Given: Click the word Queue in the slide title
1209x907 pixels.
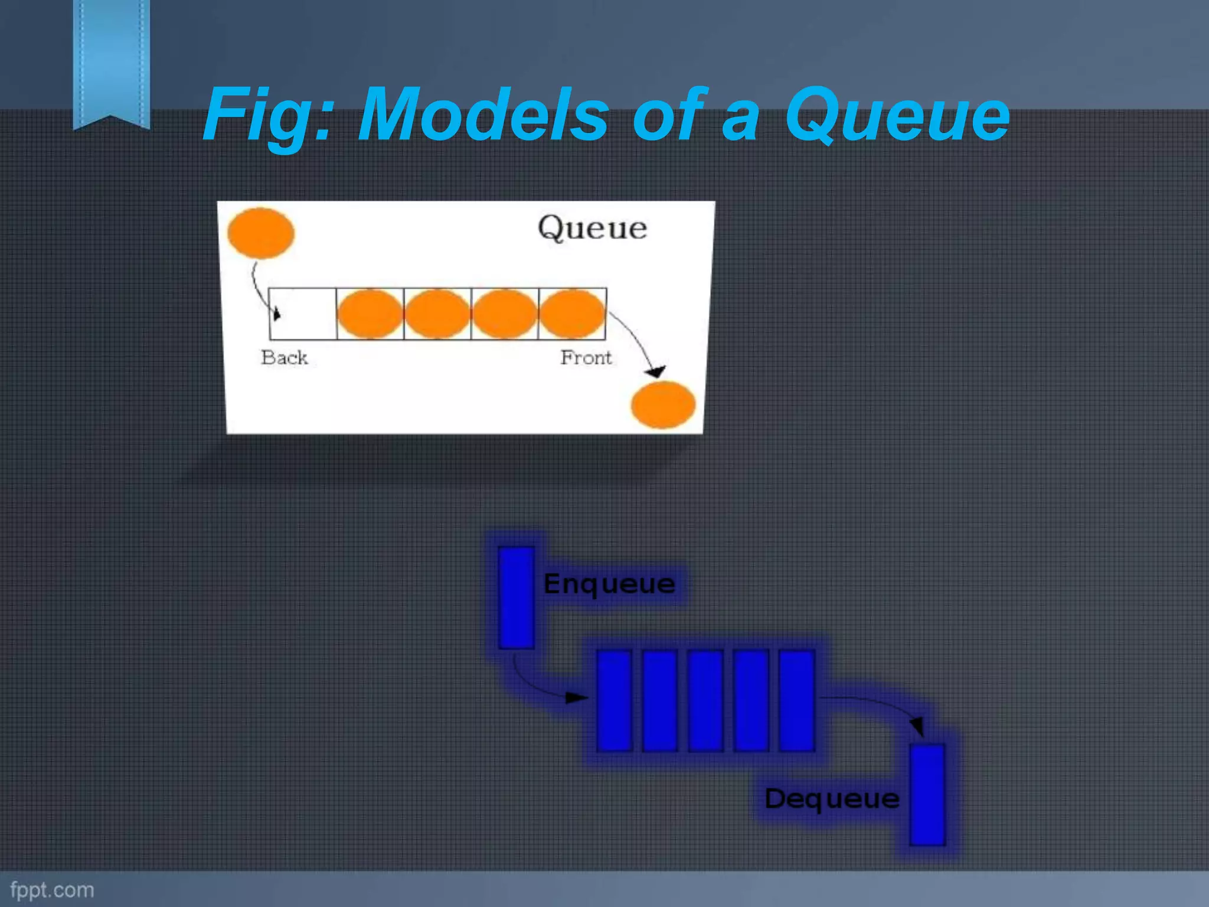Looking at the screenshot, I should pyautogui.click(x=897, y=115).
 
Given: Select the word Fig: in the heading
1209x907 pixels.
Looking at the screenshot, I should pyautogui.click(x=269, y=115).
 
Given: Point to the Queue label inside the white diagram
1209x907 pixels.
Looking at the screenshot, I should pyautogui.click(x=592, y=229).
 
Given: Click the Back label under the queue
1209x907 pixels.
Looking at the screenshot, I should pyautogui.click(x=284, y=358).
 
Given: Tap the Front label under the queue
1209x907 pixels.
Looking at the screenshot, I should pyautogui.click(x=586, y=358).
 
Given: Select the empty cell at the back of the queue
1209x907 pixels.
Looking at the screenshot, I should pyautogui.click(x=303, y=314).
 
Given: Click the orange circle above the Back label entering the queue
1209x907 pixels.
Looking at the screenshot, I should pyautogui.click(x=261, y=233).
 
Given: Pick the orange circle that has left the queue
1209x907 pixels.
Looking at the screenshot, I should pyautogui.click(x=663, y=404).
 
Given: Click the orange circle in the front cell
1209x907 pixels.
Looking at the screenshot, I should pyautogui.click(x=572, y=314).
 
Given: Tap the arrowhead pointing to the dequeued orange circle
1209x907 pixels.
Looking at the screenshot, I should pyautogui.click(x=655, y=371).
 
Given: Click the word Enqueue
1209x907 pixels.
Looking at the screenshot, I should pyautogui.click(x=609, y=584).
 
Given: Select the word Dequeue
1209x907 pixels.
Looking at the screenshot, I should pyautogui.click(x=832, y=799).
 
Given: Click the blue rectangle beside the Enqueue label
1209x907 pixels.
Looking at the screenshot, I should pyautogui.click(x=516, y=598).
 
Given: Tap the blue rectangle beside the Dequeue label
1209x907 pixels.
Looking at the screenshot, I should pyautogui.click(x=927, y=795).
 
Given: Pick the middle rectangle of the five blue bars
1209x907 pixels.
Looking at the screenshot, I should pyautogui.click(x=705, y=700).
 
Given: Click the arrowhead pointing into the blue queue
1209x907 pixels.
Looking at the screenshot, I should pyautogui.click(x=576, y=698).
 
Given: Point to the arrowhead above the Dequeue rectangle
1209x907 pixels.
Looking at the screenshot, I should pyautogui.click(x=917, y=726).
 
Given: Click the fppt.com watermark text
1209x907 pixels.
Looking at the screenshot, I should pyautogui.click(x=52, y=890).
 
